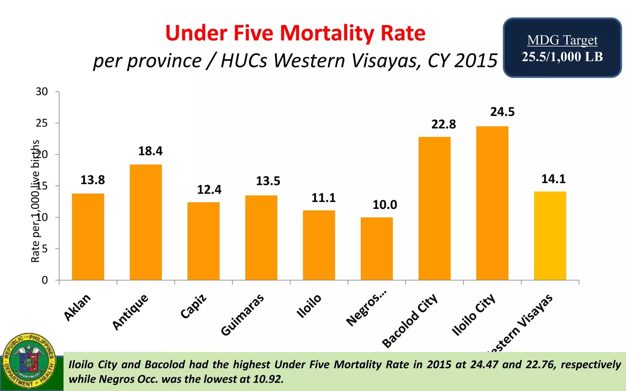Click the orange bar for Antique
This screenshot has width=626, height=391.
click(145, 222)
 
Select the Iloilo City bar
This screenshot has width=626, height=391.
click(492, 203)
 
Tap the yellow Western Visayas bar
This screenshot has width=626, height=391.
click(550, 236)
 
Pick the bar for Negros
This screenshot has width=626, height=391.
click(377, 249)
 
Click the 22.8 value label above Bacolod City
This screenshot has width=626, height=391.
click(444, 125)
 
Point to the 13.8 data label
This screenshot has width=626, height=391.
click(93, 180)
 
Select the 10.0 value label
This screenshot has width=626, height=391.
click(385, 205)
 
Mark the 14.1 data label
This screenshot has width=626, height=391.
click(554, 179)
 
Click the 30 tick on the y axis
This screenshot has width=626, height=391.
click(42, 92)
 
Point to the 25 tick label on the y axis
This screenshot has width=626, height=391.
click(42, 123)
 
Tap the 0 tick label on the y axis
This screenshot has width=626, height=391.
click(45, 280)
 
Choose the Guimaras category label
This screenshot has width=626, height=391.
click(242, 315)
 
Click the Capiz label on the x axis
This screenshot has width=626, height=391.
click(193, 306)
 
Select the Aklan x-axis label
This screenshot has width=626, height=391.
click(77, 307)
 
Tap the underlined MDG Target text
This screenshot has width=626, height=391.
click(562, 40)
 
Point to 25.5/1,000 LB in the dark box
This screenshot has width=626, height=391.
click(562, 57)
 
